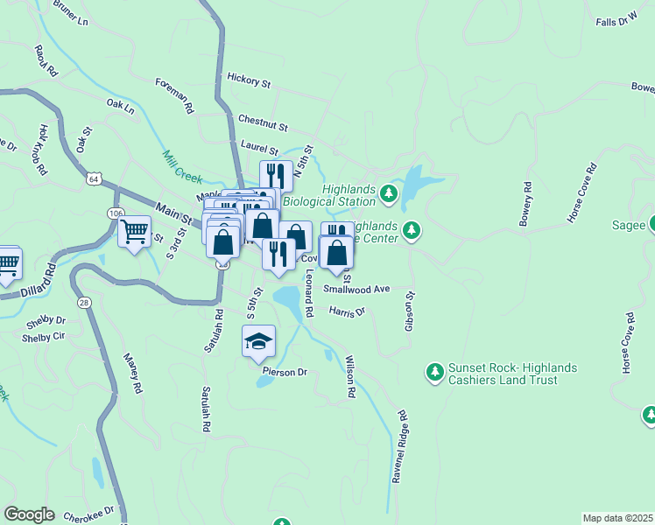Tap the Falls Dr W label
tap(616, 20)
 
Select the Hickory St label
tap(249, 80)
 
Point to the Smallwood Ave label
tap(356, 288)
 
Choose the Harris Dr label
tap(347, 311)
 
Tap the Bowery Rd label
tap(525, 204)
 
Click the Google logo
tap(29, 514)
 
